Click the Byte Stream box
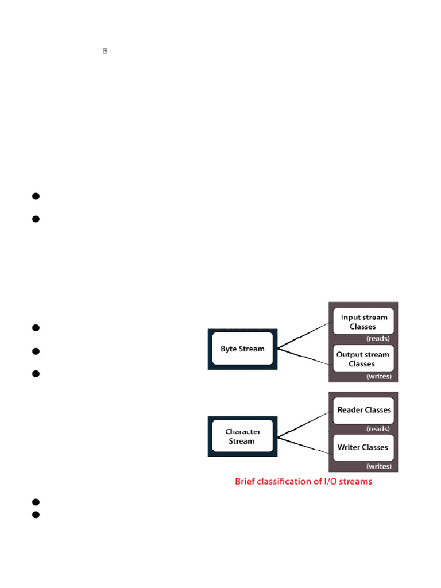point(243,349)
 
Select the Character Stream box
point(243,436)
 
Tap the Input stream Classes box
point(363,322)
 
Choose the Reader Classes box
point(363,410)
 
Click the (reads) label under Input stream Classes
point(378,339)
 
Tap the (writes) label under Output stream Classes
point(378,377)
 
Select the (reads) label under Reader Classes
point(378,429)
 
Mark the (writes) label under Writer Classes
point(378,466)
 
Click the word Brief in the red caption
point(246,482)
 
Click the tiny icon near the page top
point(105,52)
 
